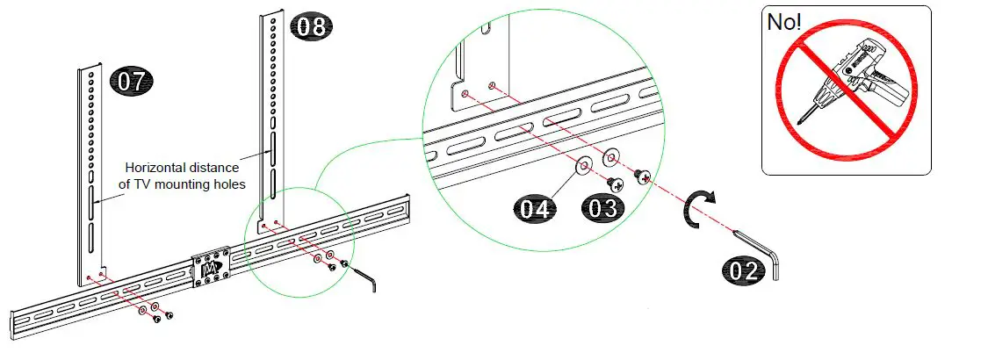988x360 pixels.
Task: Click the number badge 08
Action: coord(312,26)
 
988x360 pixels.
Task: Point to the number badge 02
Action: coord(744,270)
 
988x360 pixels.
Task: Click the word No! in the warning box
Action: coord(785,23)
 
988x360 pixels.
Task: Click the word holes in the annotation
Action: coord(227,184)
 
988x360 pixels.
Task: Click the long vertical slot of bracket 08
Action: coord(273,154)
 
